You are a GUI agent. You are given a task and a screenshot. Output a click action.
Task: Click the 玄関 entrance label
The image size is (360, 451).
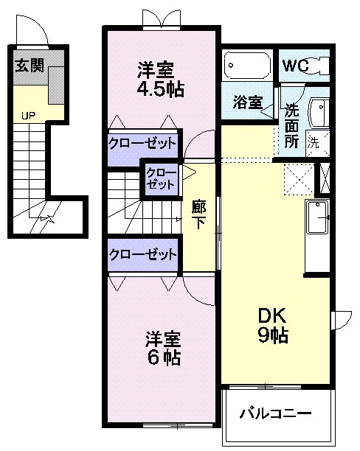coord(30,66)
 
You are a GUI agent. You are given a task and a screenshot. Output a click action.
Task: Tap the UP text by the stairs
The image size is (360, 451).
coord(28,116)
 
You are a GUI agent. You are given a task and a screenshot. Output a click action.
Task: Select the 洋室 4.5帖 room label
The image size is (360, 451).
coord(160,80)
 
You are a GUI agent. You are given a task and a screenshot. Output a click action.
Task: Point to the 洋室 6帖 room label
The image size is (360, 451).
coord(163,349)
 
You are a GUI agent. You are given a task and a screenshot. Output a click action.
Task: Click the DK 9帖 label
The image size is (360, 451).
coord(273,325)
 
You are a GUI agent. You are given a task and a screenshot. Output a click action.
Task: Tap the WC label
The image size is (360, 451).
coord(295,66)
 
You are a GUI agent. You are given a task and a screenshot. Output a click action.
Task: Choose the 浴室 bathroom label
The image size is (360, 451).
coord(248,102)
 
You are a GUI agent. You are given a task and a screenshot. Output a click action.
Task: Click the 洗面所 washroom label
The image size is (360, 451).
coord(291,126)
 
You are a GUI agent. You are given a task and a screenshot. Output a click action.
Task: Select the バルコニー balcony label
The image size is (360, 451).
coord(276,413)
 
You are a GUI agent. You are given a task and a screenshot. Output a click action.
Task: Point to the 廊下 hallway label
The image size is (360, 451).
coord(198,215)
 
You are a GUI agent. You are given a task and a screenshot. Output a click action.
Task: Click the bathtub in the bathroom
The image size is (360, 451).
coord(247,66)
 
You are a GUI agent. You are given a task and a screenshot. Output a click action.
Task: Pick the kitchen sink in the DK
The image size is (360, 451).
coord(317,217)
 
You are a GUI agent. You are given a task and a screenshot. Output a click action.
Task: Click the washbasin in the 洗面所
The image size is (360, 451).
coord(319,113)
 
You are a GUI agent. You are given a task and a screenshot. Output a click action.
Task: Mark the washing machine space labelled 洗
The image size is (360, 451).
coord(318,143)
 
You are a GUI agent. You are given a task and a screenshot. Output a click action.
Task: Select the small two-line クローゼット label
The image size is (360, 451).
coord(161,178)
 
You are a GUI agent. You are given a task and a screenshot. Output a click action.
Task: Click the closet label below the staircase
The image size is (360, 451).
coord(142,254)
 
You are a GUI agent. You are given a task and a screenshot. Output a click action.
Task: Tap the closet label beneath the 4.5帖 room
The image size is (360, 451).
coord(142,143)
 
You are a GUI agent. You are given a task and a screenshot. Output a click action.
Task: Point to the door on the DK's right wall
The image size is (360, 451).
coord(342,321)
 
